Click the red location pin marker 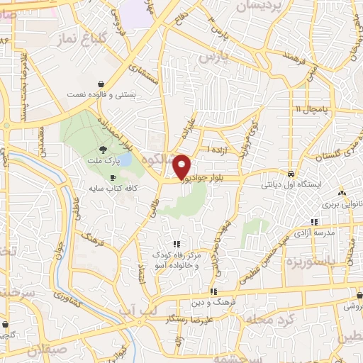click(x=182, y=166)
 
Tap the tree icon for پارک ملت click(x=104, y=149)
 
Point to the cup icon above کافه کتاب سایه click(x=111, y=177)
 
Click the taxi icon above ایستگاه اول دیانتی click(x=291, y=174)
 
